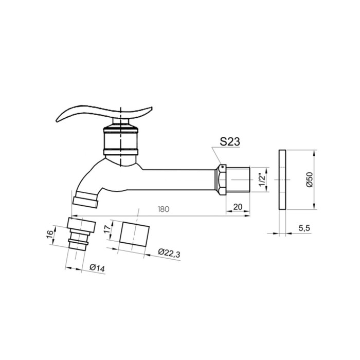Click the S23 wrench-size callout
tap(229, 141)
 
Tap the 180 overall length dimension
tap(164, 209)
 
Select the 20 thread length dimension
tap(238, 207)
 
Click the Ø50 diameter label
tap(310, 179)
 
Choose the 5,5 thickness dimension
tap(304, 228)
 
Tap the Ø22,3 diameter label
tap(169, 253)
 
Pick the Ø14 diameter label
tap(97, 268)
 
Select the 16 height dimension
tap(49, 234)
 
